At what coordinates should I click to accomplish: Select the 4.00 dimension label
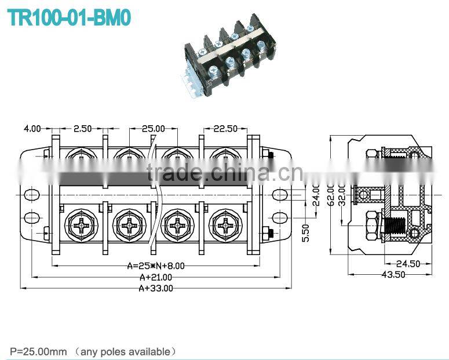[x=32, y=128]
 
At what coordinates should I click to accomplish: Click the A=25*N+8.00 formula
[x=156, y=266]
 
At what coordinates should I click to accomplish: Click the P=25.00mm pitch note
[x=39, y=351]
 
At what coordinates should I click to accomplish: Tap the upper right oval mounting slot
[x=280, y=195]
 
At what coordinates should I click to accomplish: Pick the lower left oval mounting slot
[x=30, y=218]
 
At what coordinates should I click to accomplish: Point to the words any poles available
[x=126, y=351]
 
